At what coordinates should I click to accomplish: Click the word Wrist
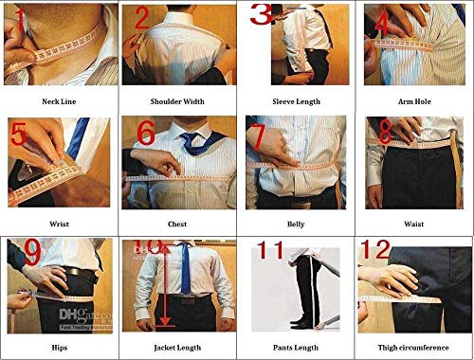click(59, 225)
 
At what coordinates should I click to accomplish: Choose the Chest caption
click(177, 225)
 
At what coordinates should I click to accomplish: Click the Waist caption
click(414, 225)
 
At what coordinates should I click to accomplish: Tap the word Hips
click(59, 348)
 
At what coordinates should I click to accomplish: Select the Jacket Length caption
click(177, 348)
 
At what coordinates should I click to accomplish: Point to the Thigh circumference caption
click(414, 348)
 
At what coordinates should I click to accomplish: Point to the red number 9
click(30, 254)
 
